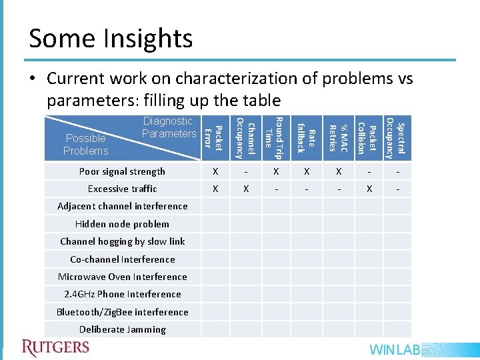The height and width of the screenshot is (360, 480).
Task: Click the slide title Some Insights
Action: (x=111, y=39)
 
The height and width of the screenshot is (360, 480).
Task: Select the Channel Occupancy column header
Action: (x=245, y=138)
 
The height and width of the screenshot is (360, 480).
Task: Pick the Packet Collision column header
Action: (x=367, y=138)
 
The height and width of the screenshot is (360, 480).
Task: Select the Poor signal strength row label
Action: (x=122, y=171)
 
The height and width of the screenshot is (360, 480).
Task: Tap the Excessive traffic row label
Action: (x=122, y=189)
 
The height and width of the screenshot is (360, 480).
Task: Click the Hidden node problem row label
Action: (x=122, y=224)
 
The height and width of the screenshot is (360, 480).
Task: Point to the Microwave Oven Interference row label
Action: (x=122, y=277)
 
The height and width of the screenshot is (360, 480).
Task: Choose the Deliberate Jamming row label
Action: (x=122, y=329)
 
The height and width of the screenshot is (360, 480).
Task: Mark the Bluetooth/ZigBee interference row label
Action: (x=122, y=312)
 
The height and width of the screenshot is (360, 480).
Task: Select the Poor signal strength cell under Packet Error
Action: (x=215, y=171)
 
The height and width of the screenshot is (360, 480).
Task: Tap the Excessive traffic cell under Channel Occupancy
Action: (x=246, y=189)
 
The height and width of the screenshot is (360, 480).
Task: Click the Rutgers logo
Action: (x=55, y=347)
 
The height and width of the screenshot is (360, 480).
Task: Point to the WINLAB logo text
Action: (x=395, y=350)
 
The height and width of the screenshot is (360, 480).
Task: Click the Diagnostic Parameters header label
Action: (x=169, y=127)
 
